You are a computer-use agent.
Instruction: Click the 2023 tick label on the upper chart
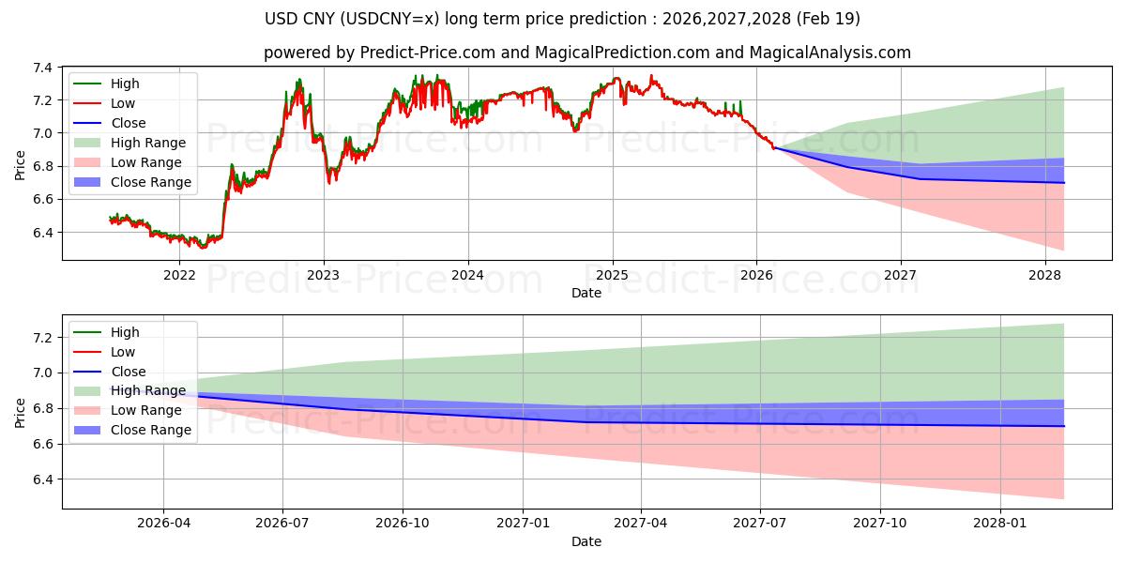pos(324,275)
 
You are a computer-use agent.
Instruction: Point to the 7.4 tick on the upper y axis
pos(43,68)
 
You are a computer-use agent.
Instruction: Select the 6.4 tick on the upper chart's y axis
pos(43,233)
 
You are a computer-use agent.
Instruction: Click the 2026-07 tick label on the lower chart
pos(283,524)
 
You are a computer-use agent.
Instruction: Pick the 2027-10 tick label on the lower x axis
pos(881,524)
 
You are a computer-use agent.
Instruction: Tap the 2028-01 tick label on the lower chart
pos(1001,524)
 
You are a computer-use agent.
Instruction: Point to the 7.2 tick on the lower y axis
pos(43,338)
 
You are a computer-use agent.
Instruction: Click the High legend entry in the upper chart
pos(124,84)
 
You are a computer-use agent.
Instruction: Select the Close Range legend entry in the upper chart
pos(151,182)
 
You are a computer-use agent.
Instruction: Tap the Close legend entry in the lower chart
pos(129,372)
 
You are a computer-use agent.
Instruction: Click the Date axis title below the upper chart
pos(586,293)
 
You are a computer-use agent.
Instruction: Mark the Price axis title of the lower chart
pos(21,412)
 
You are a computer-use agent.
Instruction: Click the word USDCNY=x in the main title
pos(421,19)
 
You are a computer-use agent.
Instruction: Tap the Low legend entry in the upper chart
pos(123,103)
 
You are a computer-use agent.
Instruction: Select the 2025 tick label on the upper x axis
pos(613,275)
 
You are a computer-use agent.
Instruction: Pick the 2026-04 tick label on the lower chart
pos(163,524)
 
